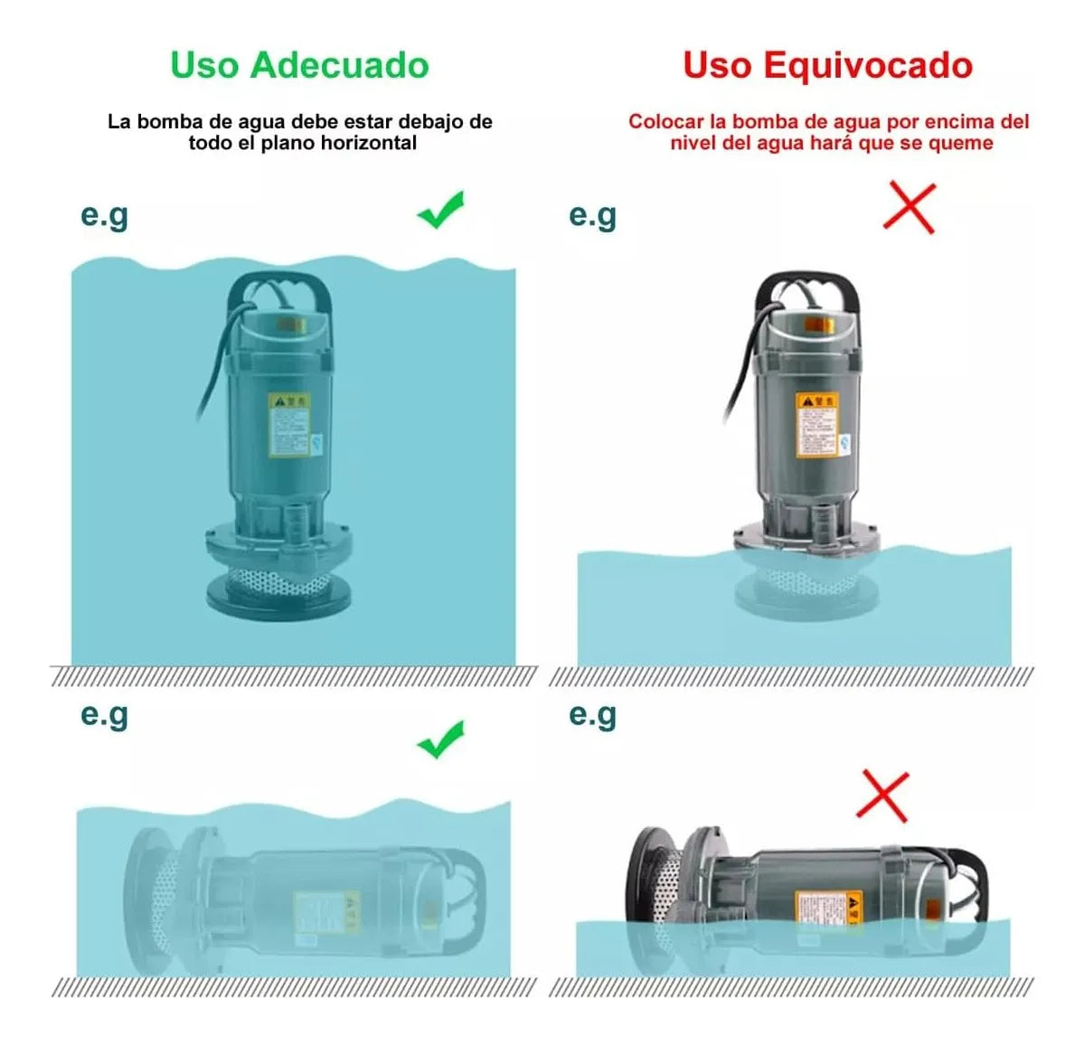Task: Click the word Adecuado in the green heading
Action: click(x=339, y=65)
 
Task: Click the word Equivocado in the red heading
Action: click(x=867, y=65)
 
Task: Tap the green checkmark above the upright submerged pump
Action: click(x=441, y=210)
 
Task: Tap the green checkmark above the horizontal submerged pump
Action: click(x=441, y=739)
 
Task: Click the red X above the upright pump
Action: click(x=909, y=208)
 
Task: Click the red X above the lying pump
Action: click(x=882, y=796)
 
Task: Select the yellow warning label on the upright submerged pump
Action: click(x=288, y=424)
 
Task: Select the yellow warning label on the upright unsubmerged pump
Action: click(x=817, y=424)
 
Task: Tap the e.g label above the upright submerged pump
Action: click(x=105, y=215)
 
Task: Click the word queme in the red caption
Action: click(x=964, y=143)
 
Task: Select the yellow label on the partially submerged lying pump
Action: click(x=828, y=907)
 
